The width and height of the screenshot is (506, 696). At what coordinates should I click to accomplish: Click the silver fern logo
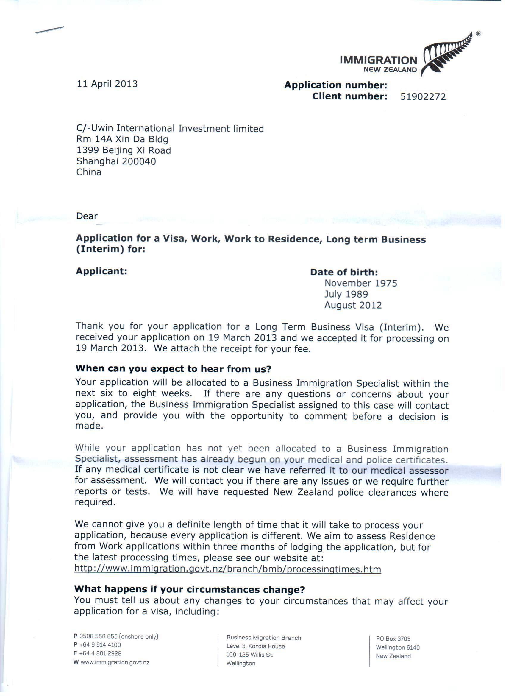[x=446, y=54]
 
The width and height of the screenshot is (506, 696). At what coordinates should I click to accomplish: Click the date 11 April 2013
[x=107, y=84]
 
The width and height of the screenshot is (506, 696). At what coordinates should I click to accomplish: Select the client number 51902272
[x=423, y=97]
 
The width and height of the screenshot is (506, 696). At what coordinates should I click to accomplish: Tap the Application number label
[x=335, y=85]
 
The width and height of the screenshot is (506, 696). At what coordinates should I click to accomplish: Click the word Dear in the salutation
[x=87, y=216]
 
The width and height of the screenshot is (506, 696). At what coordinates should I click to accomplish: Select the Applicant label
[x=101, y=271]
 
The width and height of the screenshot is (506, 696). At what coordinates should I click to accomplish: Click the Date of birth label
[x=344, y=272]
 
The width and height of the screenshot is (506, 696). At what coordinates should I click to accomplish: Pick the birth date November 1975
[x=361, y=283]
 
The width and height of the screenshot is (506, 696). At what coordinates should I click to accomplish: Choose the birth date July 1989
[x=346, y=294]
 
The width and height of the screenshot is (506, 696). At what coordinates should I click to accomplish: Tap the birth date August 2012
[x=353, y=305]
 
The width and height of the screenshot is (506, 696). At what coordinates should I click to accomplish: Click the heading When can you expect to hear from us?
[x=173, y=369]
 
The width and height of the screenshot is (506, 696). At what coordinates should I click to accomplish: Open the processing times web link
[x=227, y=569]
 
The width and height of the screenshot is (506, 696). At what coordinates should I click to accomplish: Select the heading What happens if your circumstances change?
[x=190, y=589]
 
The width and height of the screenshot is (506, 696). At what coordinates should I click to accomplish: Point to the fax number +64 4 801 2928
[x=100, y=653]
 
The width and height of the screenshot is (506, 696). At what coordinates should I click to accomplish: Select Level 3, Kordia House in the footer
[x=255, y=646]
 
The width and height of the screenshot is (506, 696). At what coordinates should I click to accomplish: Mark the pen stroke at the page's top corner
[x=50, y=30]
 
